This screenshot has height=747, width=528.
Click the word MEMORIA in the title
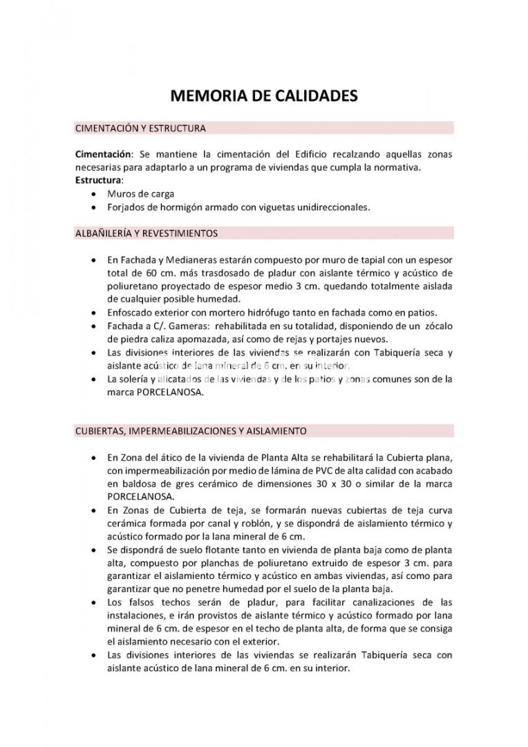pos(207,95)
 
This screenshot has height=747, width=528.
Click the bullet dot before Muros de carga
pos(94,194)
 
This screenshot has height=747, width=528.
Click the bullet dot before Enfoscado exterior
pos(94,313)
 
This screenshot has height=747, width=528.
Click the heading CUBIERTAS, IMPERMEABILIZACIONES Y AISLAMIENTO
pos(190,430)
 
